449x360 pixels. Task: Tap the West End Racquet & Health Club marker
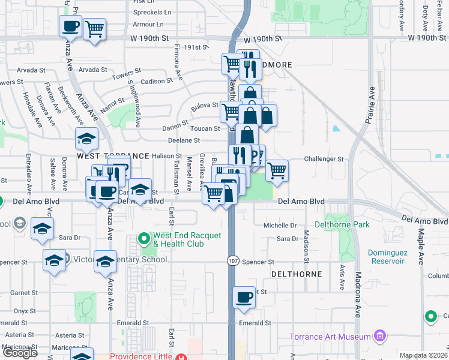click(x=144, y=239)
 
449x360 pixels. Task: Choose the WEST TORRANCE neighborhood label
click(x=113, y=155)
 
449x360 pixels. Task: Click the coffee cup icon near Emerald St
click(x=244, y=298)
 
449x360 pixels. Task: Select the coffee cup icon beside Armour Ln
click(x=70, y=26)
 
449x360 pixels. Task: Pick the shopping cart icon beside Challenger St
click(x=277, y=170)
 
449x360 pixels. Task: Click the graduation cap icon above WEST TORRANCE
click(x=87, y=139)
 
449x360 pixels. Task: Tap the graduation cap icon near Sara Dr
click(x=42, y=229)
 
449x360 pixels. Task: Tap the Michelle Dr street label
click(x=280, y=225)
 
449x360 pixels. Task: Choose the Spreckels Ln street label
click(x=148, y=13)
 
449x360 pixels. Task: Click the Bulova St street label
click(x=205, y=105)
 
